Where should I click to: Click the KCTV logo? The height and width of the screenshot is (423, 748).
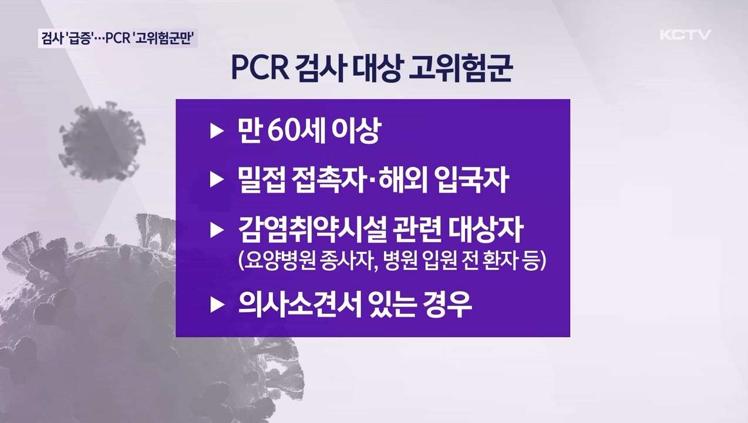[685, 34]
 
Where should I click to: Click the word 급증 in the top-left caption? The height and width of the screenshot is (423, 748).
[78, 39]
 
